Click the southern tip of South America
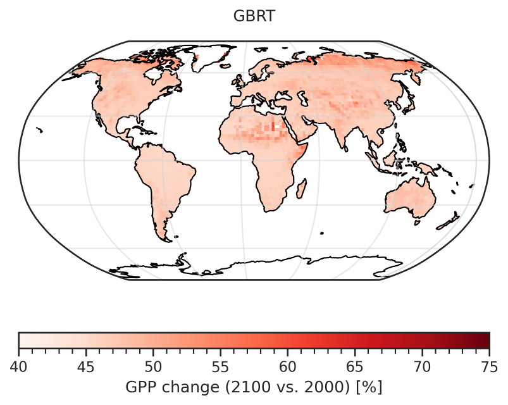point(166,239)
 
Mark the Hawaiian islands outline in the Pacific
point(40,130)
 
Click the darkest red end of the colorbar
point(486,340)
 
